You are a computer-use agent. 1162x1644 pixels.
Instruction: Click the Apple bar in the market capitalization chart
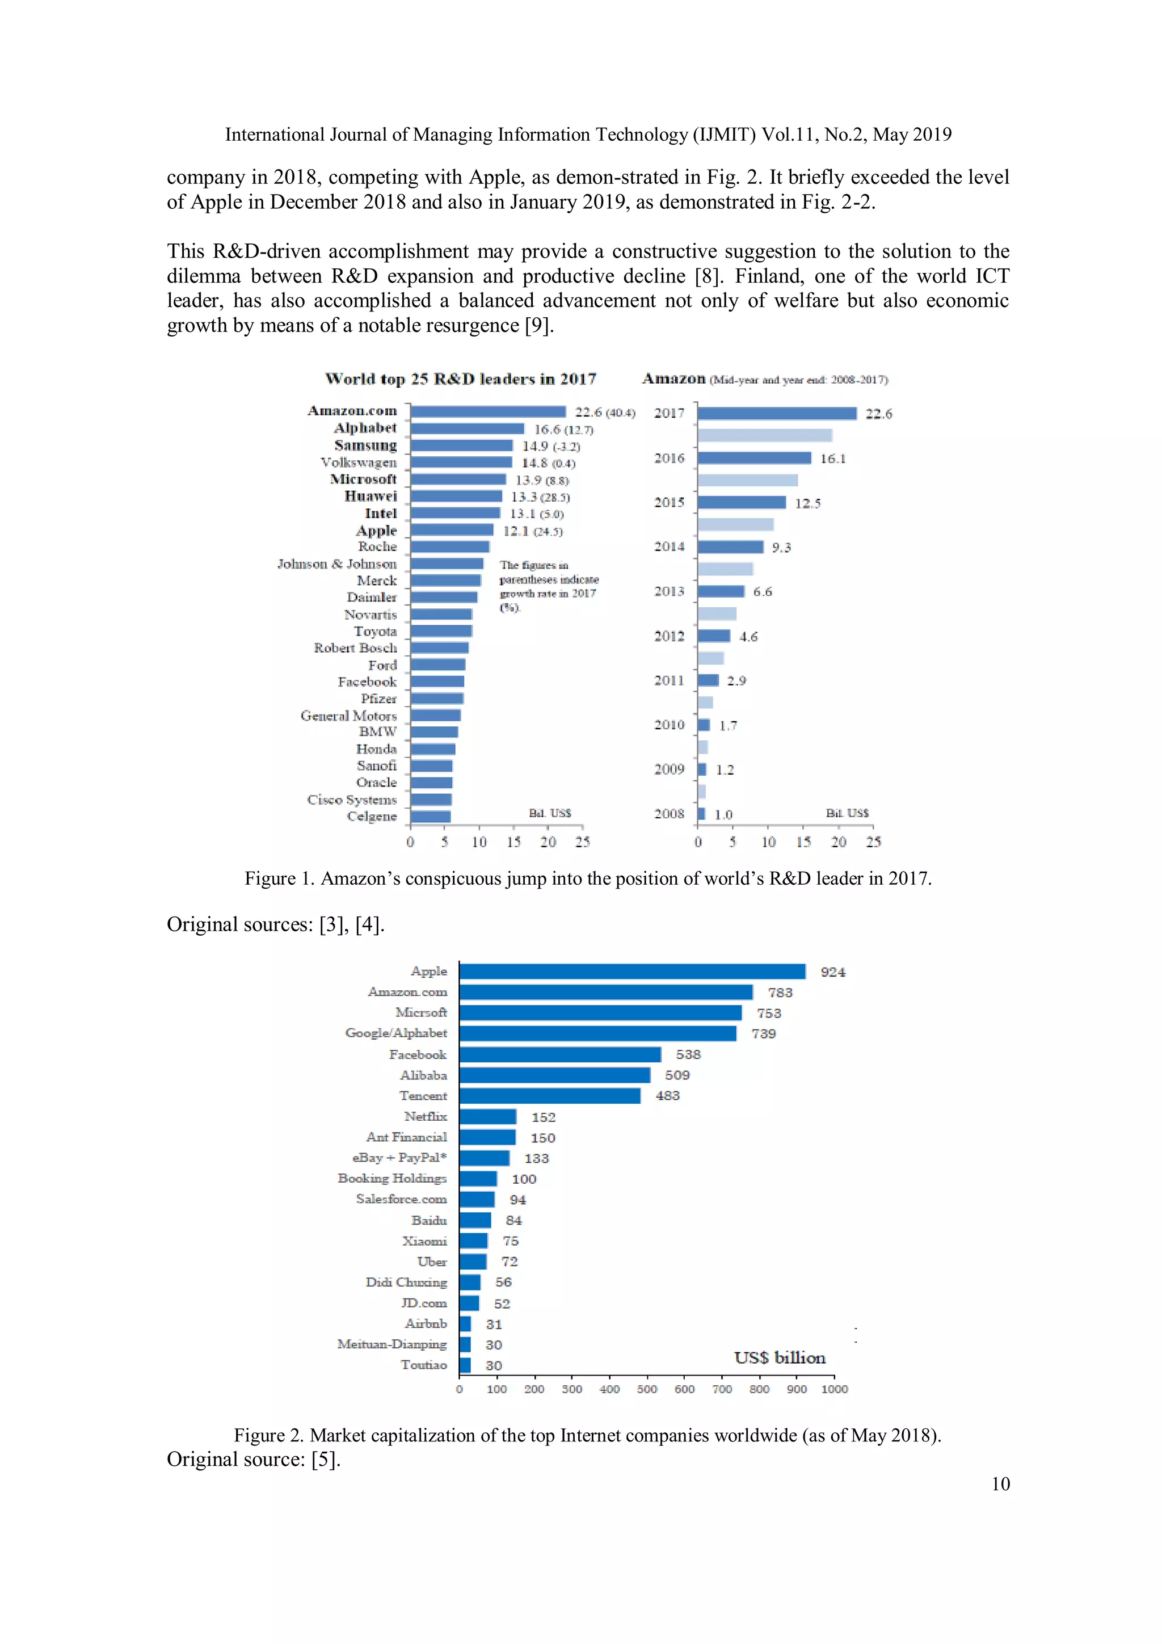coord(632,971)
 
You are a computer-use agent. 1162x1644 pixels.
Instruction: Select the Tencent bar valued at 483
coord(550,1095)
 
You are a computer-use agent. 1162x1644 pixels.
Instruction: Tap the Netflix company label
coord(426,1116)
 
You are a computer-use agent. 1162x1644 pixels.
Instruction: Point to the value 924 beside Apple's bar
coord(833,972)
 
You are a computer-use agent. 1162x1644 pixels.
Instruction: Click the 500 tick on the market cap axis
coord(646,1389)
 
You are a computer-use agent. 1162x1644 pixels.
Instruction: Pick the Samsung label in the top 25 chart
coord(365,445)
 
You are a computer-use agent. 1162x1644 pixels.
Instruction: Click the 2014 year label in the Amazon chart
coord(669,547)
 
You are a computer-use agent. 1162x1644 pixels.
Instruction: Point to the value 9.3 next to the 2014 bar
coord(781,548)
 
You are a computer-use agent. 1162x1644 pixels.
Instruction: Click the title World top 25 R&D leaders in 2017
coord(460,379)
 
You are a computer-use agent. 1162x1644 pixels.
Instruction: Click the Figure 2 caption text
coord(587,1435)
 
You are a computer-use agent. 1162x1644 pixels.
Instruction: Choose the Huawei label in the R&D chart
coord(370,496)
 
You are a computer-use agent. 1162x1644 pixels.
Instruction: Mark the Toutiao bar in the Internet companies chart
coord(465,1365)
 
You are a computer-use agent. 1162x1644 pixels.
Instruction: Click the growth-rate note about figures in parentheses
coord(549,586)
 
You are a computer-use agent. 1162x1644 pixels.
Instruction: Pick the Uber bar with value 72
coord(473,1262)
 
